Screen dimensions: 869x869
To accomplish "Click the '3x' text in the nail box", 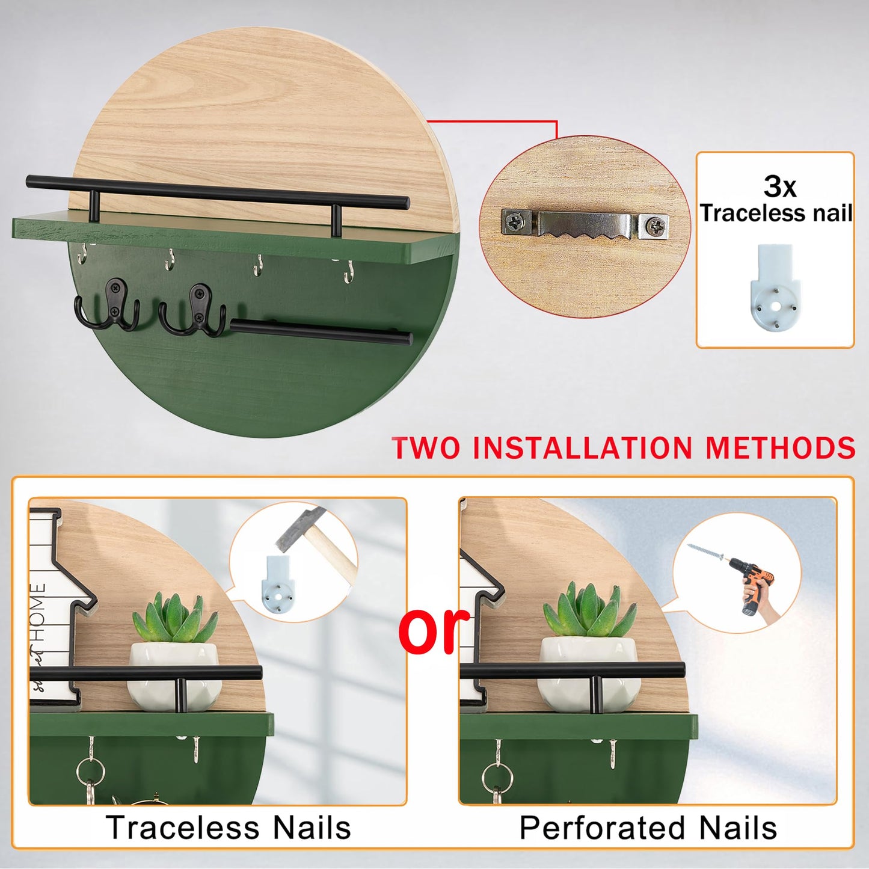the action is (x=780, y=186).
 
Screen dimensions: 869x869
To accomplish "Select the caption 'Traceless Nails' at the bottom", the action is (x=228, y=827).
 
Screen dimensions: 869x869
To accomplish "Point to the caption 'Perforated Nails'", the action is (x=648, y=827).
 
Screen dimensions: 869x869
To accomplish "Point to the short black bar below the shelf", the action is (x=321, y=331).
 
